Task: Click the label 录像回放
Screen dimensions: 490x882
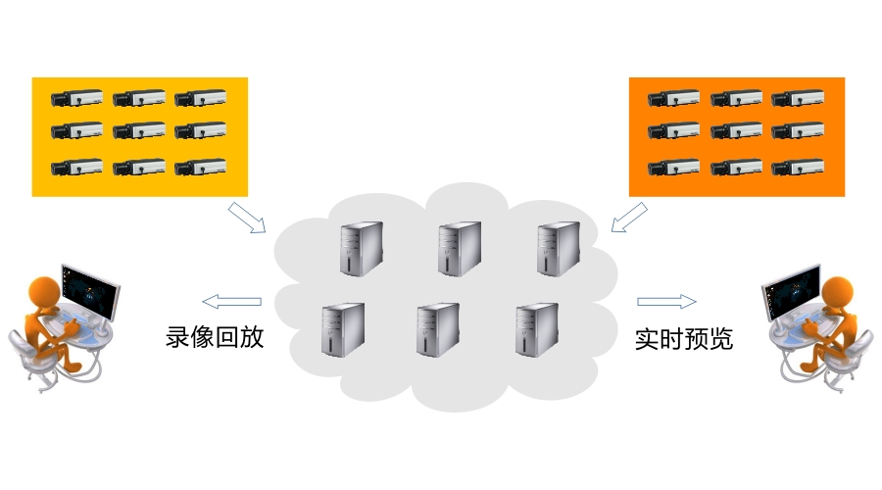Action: tap(215, 338)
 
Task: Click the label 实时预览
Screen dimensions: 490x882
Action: tap(684, 339)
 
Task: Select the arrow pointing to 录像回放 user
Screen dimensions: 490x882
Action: tap(232, 301)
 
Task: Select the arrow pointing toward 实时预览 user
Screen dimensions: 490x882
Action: tap(666, 301)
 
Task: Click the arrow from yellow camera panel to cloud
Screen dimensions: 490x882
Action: tap(247, 218)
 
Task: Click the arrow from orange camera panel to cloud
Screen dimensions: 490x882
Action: tap(628, 218)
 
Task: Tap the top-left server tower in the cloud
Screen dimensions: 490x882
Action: tap(361, 247)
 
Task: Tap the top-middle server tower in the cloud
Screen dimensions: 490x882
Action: tap(459, 247)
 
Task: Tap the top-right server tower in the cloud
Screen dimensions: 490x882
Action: tap(557, 247)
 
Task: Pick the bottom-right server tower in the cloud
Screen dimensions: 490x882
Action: tap(536, 328)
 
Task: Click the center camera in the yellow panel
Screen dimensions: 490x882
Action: tap(138, 130)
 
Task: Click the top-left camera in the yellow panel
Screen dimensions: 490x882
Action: tap(76, 98)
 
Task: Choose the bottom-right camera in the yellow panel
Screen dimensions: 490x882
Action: tap(200, 167)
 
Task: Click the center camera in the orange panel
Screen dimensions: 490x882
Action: tap(736, 130)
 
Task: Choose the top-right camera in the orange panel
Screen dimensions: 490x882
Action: tap(797, 98)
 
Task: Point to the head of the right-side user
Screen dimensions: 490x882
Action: tap(840, 291)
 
